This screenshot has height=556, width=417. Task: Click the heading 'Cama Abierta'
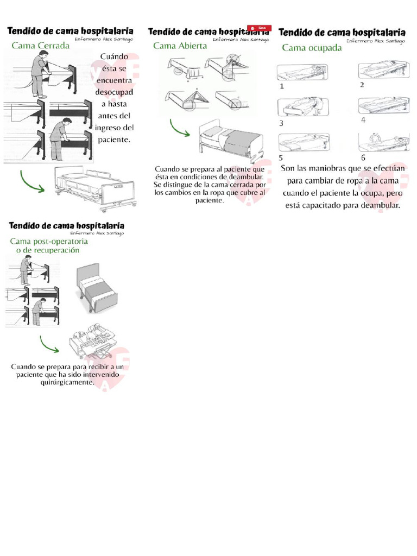point(180,46)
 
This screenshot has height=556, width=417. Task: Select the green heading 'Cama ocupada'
point(312,47)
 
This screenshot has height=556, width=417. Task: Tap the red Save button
point(259,28)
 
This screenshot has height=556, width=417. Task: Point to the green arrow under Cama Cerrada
point(32,181)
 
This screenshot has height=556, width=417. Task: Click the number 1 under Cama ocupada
point(281,86)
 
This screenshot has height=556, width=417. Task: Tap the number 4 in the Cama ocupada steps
point(363,119)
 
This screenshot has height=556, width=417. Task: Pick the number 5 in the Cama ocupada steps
point(281,158)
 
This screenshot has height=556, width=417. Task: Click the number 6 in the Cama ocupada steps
point(363,158)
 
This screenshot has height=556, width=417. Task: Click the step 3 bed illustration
point(300,107)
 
